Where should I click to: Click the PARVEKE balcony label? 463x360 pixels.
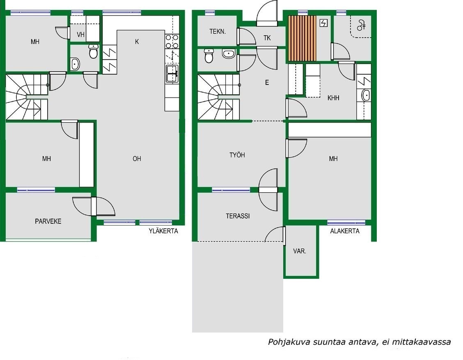[48, 221]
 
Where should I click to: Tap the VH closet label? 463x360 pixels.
[80, 35]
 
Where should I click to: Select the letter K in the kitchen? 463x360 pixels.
[137, 42]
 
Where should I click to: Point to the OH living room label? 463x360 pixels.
[137, 159]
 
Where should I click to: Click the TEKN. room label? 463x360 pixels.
[218, 32]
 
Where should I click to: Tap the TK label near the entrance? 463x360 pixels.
[267, 38]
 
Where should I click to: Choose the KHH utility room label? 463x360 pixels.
[333, 98]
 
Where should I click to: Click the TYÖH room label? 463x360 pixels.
[237, 155]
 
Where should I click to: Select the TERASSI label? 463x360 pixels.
[238, 216]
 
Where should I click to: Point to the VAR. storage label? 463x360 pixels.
[299, 251]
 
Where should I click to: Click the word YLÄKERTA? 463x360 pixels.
[163, 231]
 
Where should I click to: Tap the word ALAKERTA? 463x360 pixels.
[345, 231]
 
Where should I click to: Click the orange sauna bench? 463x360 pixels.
[302, 39]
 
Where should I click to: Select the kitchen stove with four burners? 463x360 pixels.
[172, 41]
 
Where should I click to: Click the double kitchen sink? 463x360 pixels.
[172, 74]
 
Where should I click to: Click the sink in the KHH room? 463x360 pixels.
[366, 95]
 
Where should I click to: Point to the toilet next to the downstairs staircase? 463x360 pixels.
[209, 56]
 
